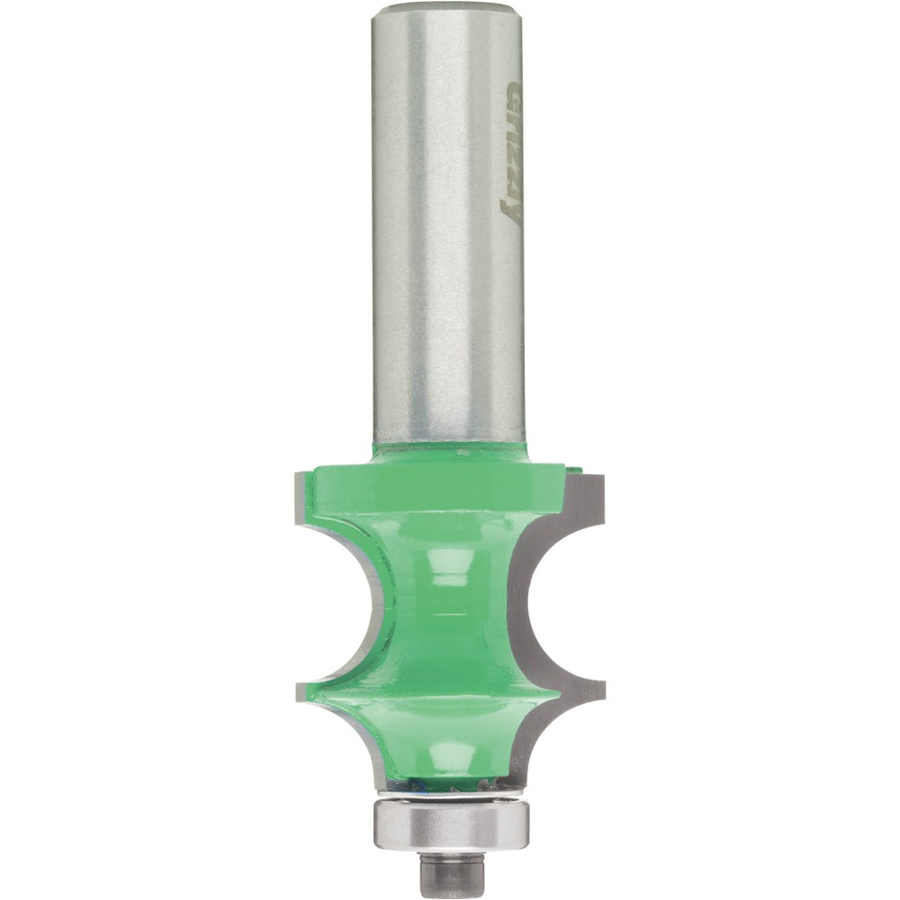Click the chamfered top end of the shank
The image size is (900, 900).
pyautogui.click(x=447, y=11)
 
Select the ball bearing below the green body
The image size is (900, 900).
pyautogui.click(x=450, y=823)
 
